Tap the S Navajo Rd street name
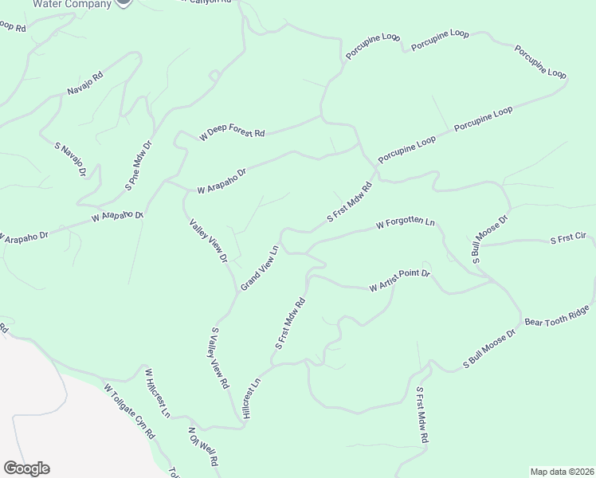click(x=70, y=160)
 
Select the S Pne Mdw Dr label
click(x=138, y=166)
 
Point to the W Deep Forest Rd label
click(x=232, y=132)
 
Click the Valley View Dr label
click(x=209, y=242)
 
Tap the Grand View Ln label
click(x=260, y=267)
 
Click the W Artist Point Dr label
click(x=399, y=280)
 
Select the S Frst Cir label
click(x=568, y=239)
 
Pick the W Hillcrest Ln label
click(x=157, y=393)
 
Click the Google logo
click(x=26, y=468)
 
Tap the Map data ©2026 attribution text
click(x=563, y=472)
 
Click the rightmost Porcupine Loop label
click(x=540, y=61)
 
